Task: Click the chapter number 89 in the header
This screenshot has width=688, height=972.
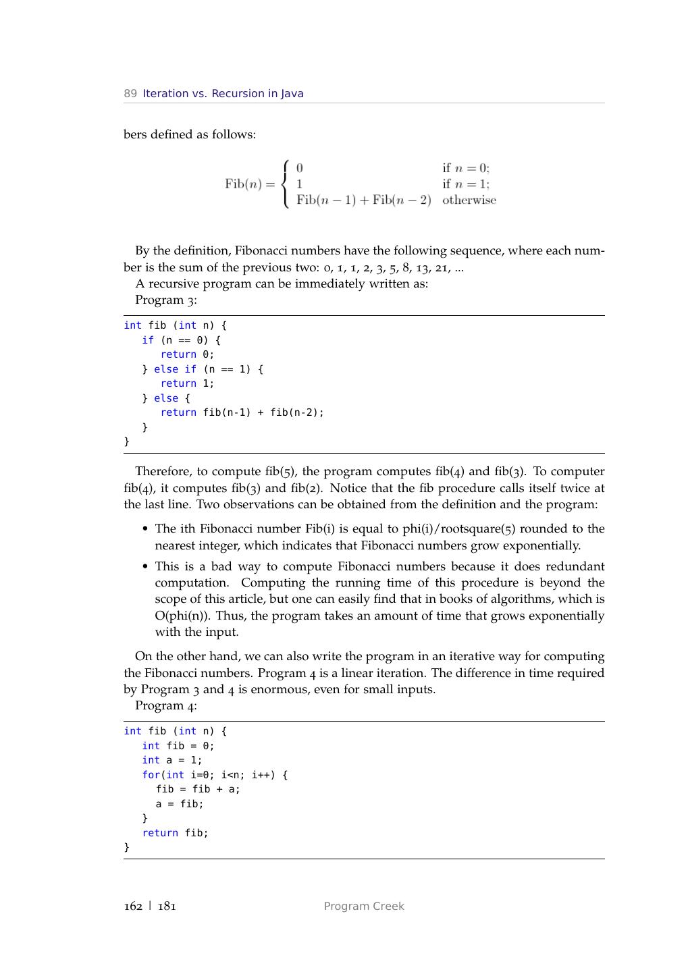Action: pyautogui.click(x=130, y=94)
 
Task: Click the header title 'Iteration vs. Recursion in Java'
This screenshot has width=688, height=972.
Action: pyautogui.click(x=223, y=94)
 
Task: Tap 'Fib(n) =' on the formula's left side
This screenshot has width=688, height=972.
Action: pyautogui.click(x=250, y=184)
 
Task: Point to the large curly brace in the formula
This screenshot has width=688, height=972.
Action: pyautogui.click(x=286, y=184)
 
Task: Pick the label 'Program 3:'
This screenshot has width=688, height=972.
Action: pyautogui.click(x=166, y=300)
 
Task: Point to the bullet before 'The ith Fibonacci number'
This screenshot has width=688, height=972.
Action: pyautogui.click(x=146, y=529)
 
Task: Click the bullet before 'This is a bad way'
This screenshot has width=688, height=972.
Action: pyautogui.click(x=146, y=567)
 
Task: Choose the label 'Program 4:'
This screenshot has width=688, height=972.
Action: pyautogui.click(x=166, y=705)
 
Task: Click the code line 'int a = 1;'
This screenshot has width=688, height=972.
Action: pyautogui.click(x=171, y=760)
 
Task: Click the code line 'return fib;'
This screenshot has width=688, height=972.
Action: pyautogui.click(x=175, y=833)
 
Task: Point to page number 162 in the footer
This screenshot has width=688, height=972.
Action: pyautogui.click(x=133, y=906)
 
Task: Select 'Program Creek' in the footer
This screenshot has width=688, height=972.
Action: pyautogui.click(x=364, y=906)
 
